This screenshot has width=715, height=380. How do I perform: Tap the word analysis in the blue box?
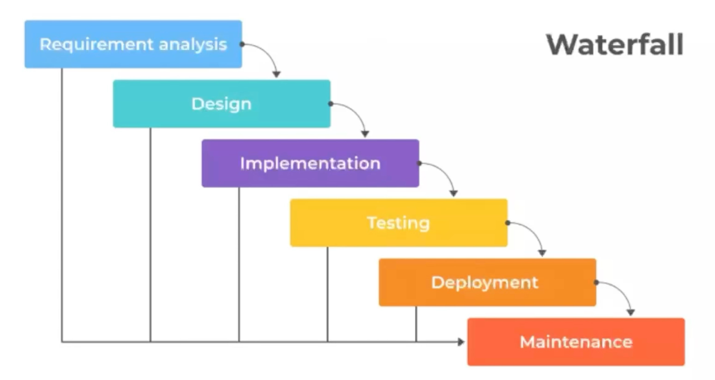193,44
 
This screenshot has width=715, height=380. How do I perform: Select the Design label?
221,104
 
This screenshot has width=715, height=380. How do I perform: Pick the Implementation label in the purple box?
310,163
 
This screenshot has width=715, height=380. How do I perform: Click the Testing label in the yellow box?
399,223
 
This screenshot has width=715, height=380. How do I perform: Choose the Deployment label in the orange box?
485,282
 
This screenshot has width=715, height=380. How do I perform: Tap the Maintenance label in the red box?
576,342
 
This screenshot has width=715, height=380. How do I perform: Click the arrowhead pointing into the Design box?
276,74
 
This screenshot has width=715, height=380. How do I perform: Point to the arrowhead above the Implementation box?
365,134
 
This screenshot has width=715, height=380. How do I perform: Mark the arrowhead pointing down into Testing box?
454,193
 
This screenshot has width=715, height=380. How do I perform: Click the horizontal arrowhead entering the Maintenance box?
461,342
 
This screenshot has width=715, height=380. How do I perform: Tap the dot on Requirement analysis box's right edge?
242,44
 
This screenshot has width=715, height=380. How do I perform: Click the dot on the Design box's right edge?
330,104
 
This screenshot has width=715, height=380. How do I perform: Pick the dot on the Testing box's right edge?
508,223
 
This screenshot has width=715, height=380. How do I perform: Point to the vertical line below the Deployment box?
416,324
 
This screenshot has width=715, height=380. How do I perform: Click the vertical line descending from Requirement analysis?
62,194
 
